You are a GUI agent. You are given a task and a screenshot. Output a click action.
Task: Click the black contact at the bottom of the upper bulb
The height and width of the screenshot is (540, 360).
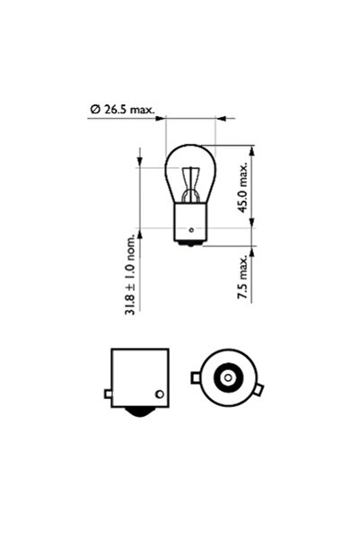190,243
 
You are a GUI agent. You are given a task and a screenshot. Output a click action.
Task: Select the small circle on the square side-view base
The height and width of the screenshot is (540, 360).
160,394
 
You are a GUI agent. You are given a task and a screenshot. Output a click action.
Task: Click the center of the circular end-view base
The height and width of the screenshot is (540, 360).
227,378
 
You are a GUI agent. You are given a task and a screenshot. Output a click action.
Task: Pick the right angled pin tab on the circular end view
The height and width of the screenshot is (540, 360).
260,391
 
